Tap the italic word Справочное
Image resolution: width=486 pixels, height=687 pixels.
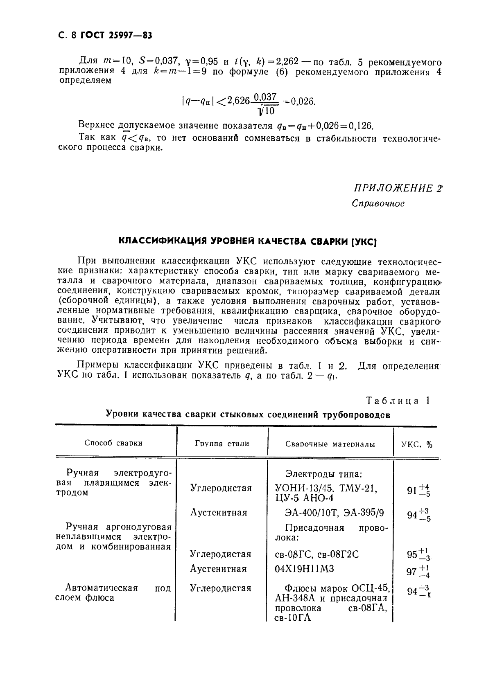click(x=378, y=203)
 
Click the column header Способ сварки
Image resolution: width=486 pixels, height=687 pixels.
click(x=113, y=443)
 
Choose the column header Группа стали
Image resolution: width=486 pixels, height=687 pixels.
click(x=222, y=443)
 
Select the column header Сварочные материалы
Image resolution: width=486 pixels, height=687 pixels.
click(x=330, y=444)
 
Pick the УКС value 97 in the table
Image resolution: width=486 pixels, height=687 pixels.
click(x=411, y=571)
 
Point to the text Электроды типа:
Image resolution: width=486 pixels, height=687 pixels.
click(x=323, y=474)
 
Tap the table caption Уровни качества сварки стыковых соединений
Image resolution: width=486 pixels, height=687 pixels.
click(x=248, y=414)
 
